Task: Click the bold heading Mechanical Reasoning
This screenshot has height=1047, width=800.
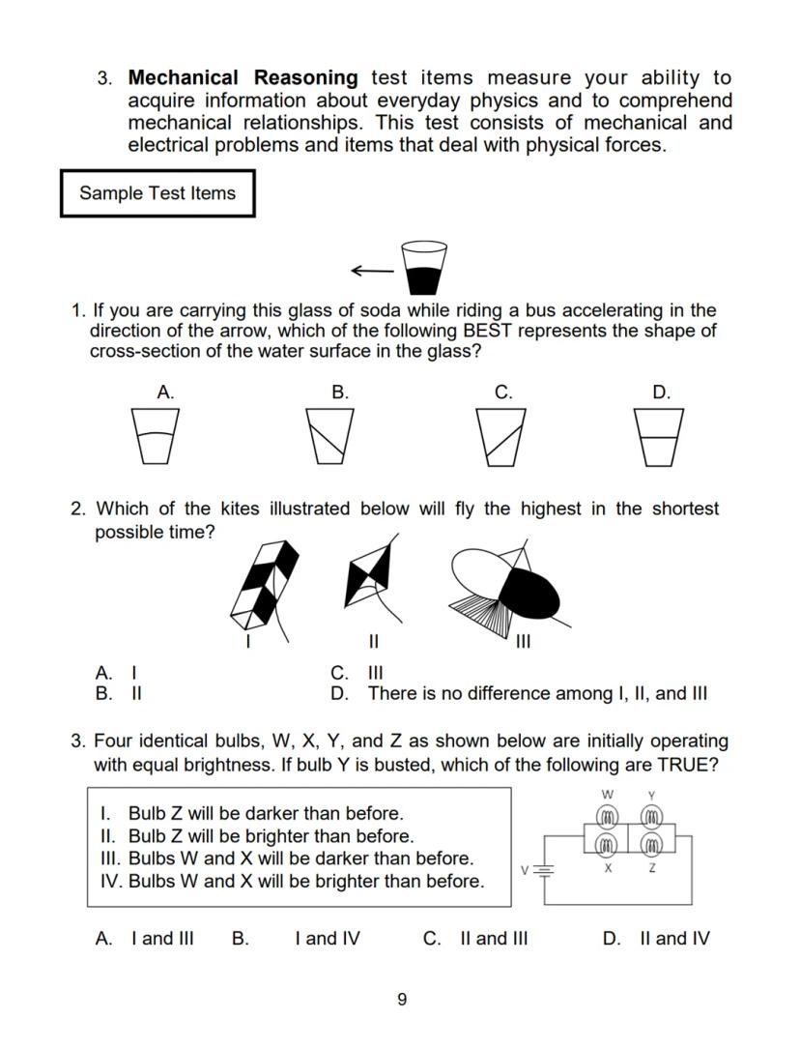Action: coord(243,77)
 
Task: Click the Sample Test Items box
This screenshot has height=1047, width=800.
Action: coord(157,193)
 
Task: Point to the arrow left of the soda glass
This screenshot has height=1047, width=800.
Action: coord(372,271)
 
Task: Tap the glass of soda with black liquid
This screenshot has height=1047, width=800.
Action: coord(424,268)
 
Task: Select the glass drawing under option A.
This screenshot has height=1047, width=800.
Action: coord(156,436)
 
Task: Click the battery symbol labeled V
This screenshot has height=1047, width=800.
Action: coord(544,869)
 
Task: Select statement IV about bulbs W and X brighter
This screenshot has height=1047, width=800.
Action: coord(292,881)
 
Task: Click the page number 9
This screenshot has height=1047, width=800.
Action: coord(402,1000)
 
